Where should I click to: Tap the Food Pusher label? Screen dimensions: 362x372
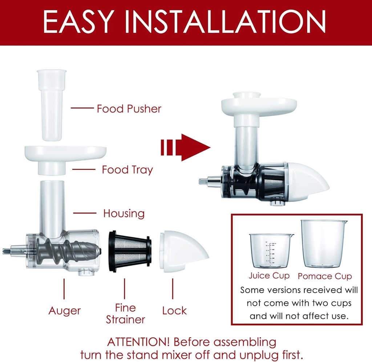(129, 109)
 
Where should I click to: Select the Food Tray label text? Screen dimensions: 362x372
(127, 170)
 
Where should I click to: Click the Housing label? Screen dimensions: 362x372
(124, 213)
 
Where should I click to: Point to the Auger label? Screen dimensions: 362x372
(64, 311)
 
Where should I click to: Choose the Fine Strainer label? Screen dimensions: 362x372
(125, 314)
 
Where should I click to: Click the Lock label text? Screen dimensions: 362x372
(174, 311)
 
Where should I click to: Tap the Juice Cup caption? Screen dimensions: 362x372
(269, 276)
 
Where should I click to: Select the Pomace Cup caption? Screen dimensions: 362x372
(325, 276)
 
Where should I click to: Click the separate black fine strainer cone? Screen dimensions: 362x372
(129, 251)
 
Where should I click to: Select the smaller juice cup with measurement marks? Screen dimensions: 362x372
(270, 251)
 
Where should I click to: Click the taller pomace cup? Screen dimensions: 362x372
(322, 243)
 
